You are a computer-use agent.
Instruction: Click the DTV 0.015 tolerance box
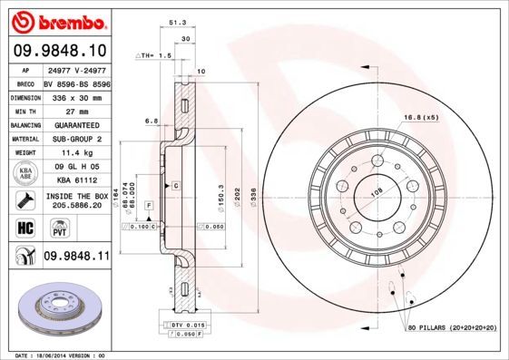point(183,324)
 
